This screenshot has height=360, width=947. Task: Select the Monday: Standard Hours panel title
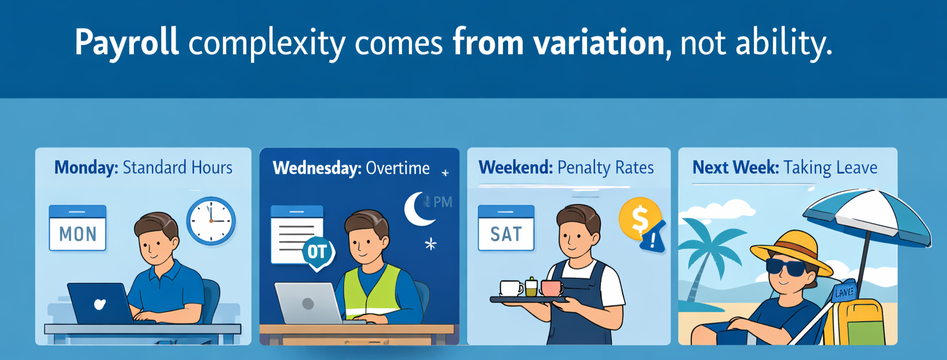click(143, 167)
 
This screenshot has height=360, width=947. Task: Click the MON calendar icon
click(78, 228)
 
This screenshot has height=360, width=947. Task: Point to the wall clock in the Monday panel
click(211, 221)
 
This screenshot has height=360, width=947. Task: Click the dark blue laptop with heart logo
click(100, 303)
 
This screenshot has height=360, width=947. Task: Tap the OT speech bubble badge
click(319, 253)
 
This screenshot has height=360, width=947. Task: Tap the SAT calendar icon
click(506, 228)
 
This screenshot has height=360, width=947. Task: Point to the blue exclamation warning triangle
click(653, 237)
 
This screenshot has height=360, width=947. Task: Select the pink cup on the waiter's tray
click(551, 287)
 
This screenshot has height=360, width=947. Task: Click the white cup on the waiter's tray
click(511, 288)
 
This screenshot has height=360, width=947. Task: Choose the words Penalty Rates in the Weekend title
click(605, 167)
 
